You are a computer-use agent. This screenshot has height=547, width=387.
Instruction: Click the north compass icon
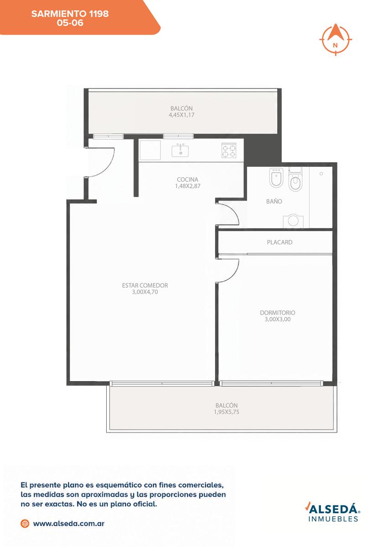coord(336,40)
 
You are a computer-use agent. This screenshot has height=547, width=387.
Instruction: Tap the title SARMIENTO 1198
coord(70,14)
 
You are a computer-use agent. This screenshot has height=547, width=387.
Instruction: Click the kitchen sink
coord(180,150)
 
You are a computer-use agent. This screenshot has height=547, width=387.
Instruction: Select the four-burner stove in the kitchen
coord(229,150)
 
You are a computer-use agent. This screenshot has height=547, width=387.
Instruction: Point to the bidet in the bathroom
coord(276,177)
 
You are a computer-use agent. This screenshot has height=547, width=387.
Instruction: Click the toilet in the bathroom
coord(295,180)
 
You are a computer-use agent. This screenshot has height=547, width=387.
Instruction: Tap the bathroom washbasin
coord(293,221)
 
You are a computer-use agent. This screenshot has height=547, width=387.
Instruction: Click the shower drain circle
coord(321,174)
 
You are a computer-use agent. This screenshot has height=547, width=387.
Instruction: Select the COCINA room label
coord(187,180)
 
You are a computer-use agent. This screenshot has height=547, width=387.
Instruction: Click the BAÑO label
coord(274,201)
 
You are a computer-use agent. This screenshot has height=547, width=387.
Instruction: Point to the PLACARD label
coord(279,242)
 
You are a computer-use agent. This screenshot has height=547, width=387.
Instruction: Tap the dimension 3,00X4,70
coord(145,292)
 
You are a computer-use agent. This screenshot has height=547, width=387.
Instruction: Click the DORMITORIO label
coord(277,313)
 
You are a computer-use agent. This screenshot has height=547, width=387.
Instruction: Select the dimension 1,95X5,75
coord(227,412)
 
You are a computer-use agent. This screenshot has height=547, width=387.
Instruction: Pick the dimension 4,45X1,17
coord(181,115)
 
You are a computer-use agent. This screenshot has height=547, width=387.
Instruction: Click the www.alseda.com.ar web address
coord(69,524)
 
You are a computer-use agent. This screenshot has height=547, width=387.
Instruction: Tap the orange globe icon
coord(25,523)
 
